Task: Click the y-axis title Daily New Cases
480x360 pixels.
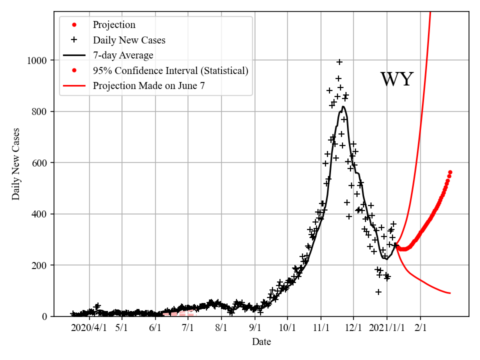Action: [x=16, y=164]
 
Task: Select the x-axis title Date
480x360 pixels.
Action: [x=261, y=342]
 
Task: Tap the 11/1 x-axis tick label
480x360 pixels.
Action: [x=321, y=327]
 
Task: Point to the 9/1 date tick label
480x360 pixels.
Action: [x=255, y=327]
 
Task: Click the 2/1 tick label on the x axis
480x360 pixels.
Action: [x=420, y=327]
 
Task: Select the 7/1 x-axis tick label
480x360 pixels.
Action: [x=188, y=327]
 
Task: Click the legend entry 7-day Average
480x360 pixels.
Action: [x=123, y=55]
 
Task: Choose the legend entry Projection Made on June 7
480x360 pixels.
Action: [x=148, y=85]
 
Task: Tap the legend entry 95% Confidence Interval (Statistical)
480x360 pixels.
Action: [x=170, y=70]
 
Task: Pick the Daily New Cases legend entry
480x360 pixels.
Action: [x=129, y=40]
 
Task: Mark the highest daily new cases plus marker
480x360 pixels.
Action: [x=339, y=62]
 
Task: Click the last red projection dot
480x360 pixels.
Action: [x=450, y=172]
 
